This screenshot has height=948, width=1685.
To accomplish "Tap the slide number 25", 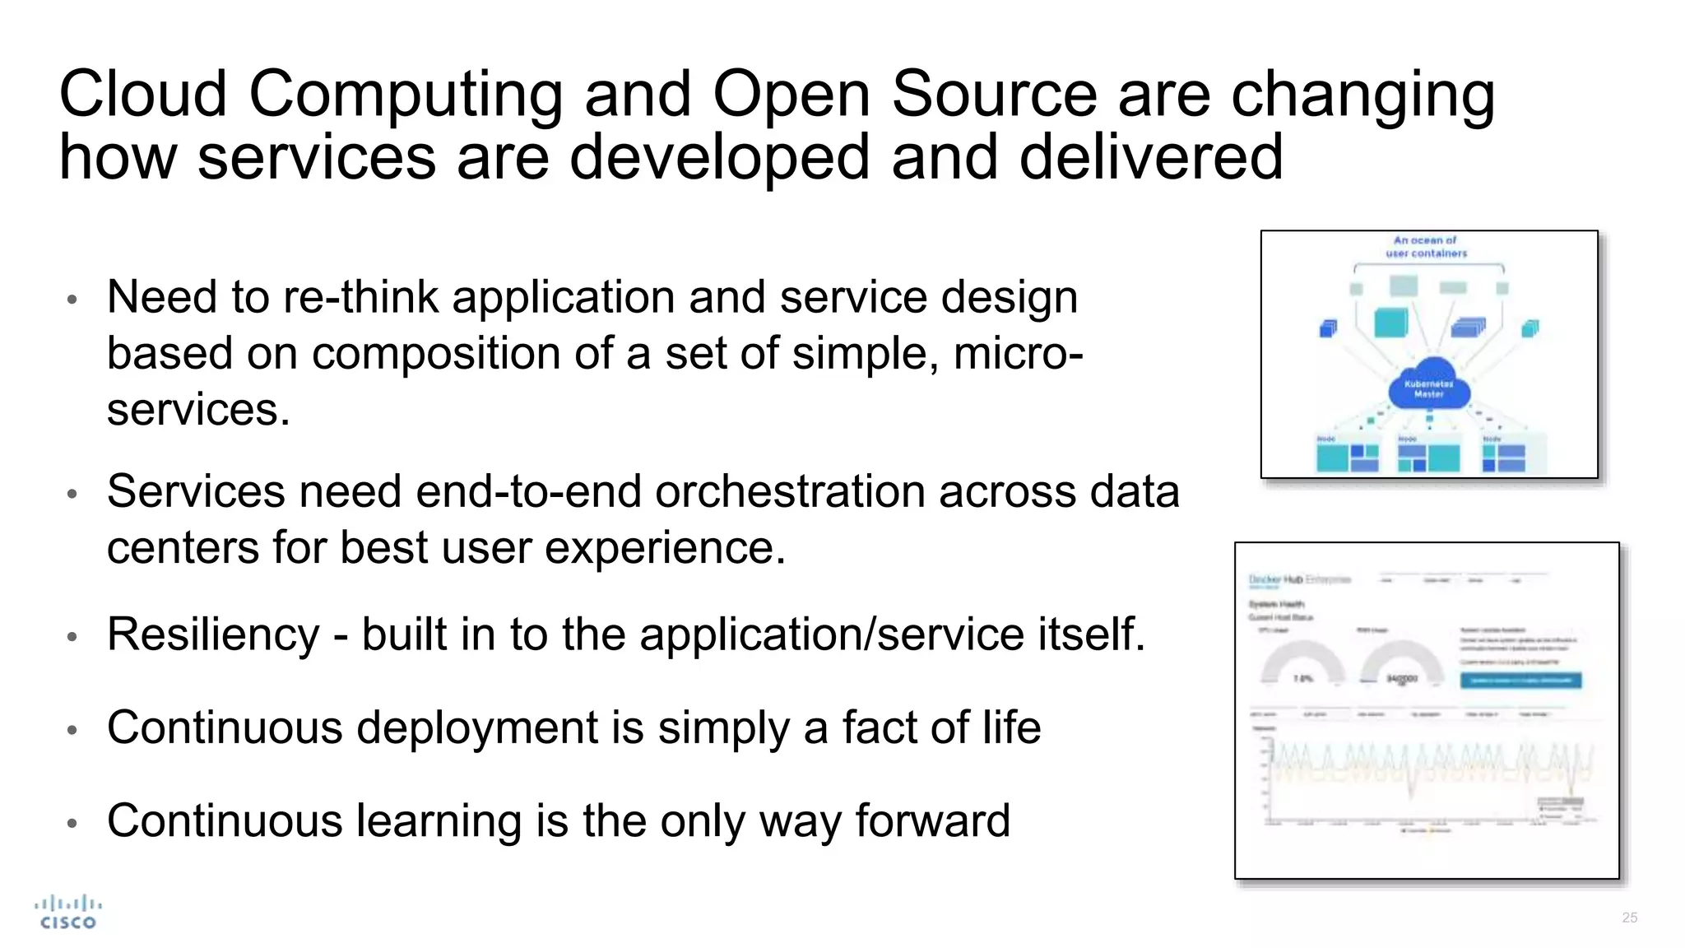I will click(x=1629, y=918).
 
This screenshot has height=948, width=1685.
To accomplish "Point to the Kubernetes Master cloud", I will click(x=1429, y=385).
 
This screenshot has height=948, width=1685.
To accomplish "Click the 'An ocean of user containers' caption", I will click(x=1426, y=247).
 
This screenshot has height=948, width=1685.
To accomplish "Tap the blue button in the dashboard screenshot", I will click(x=1520, y=681).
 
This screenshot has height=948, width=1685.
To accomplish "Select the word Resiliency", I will click(x=213, y=634).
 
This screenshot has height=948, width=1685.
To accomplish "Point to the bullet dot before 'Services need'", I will click(x=72, y=494).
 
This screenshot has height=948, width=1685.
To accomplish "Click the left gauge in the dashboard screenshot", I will click(x=1302, y=665).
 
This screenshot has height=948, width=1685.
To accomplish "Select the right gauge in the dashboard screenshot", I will click(x=1401, y=665).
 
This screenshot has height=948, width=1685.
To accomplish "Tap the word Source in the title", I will click(x=994, y=94).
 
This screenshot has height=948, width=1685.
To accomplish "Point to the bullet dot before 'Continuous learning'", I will click(x=72, y=822).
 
